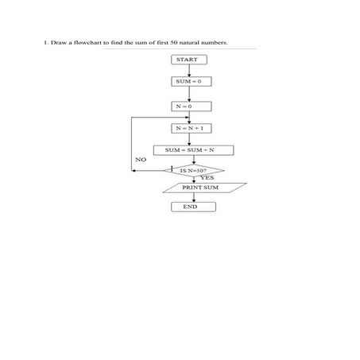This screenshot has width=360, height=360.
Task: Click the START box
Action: [x=189, y=60]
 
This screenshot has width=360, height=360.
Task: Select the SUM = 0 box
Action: [x=189, y=82]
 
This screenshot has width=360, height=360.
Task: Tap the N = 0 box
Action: [x=189, y=106]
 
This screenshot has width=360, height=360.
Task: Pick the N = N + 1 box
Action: [x=189, y=127]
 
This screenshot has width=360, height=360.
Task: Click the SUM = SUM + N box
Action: [x=189, y=149]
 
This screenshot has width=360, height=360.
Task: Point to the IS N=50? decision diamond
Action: [x=193, y=169]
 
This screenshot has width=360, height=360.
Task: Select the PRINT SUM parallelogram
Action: [x=201, y=188]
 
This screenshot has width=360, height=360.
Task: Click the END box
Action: [x=189, y=207]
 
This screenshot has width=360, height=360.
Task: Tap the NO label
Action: [x=141, y=160]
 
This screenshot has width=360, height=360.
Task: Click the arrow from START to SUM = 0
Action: [x=189, y=71]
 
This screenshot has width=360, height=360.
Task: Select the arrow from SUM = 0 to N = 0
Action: [x=189, y=94]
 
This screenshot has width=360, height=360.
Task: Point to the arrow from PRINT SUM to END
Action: [x=189, y=197]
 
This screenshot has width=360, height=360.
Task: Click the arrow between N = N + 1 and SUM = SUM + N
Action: [x=189, y=138]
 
